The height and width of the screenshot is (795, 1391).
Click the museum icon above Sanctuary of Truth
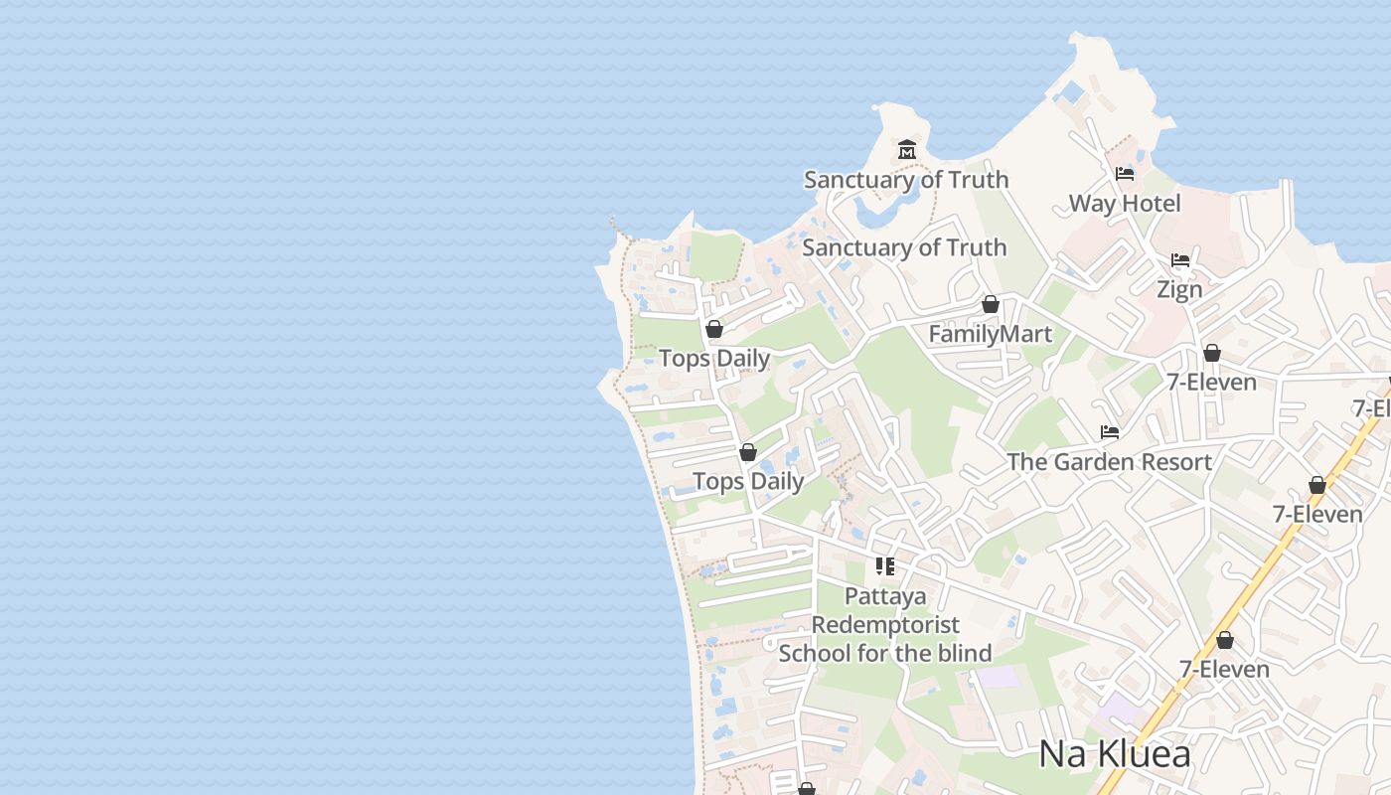(x=906, y=150)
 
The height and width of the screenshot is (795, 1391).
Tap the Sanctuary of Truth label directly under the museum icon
(x=905, y=180)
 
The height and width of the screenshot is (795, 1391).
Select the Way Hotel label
(x=1125, y=204)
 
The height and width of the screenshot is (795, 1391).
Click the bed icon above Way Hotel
(x=1125, y=174)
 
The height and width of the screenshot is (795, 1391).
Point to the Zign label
(x=1179, y=289)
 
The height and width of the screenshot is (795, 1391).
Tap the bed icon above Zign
(x=1180, y=260)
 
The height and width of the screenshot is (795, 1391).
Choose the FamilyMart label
(x=990, y=334)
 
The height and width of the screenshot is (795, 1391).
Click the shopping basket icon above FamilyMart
(x=990, y=304)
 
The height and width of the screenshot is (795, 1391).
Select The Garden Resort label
(x=1109, y=462)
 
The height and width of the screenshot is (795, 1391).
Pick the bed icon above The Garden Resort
(x=1110, y=432)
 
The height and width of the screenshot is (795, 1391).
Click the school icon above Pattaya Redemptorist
(x=884, y=566)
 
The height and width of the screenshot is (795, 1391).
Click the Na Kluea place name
(x=1114, y=754)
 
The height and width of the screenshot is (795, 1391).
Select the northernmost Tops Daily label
(x=714, y=359)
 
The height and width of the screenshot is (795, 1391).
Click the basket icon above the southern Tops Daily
(x=748, y=452)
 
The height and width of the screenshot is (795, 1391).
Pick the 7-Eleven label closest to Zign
(x=1211, y=383)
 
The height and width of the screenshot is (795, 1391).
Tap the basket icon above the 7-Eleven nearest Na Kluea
(x=1225, y=640)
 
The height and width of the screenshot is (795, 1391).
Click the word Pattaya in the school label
(x=885, y=596)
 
